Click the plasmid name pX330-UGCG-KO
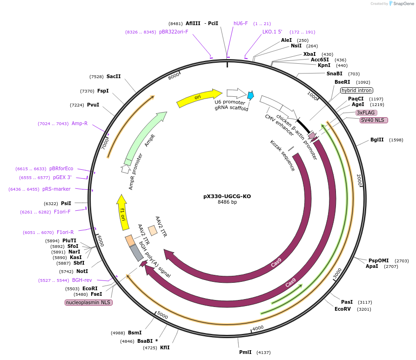[x=227, y=196]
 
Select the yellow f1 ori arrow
[x=122, y=212]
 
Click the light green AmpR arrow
[x=145, y=138]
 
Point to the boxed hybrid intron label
[x=356, y=91]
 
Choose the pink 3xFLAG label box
[x=366, y=113]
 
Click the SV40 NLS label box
[x=374, y=120]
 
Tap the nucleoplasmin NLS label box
[x=88, y=302]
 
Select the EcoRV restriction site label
[x=342, y=309]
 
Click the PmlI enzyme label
[x=245, y=352]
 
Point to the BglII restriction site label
[x=377, y=140]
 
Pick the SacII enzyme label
[x=114, y=76]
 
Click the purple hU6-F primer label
[x=241, y=23]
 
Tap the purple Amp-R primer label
[x=80, y=123]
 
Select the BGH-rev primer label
[x=82, y=280]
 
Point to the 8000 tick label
[x=174, y=76]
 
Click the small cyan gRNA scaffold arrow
[x=250, y=95]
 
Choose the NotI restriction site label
[x=82, y=271]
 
